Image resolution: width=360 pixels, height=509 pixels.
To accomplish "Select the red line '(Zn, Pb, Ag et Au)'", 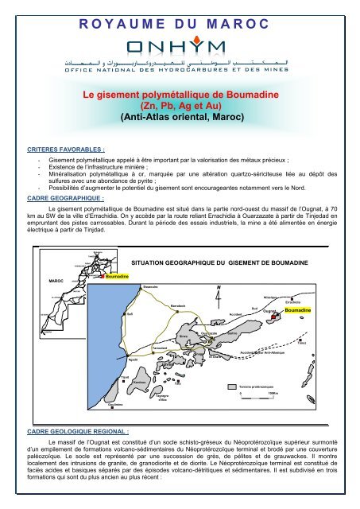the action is pos(180,105).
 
